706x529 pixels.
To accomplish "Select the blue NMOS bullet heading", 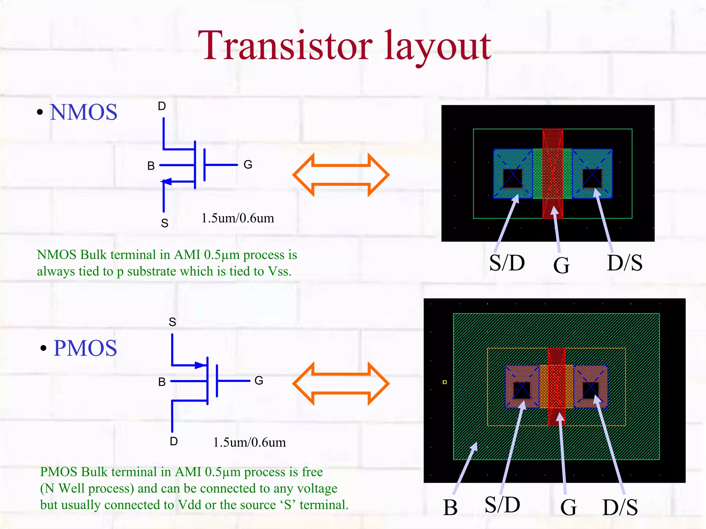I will pos(83,112).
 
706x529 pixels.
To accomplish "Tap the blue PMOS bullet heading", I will pos(85,348).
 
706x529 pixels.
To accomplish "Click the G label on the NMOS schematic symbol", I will pos(248,164).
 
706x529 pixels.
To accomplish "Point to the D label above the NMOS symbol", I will pos(162,106).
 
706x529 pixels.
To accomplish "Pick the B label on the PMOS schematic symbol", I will pos(162,382).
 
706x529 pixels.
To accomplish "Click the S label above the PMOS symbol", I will pos(172,322).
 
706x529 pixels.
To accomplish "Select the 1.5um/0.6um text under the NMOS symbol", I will pos(238,218).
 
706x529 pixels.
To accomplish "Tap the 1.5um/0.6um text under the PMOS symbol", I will pos(249,442).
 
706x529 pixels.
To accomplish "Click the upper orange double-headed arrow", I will pos(341,175).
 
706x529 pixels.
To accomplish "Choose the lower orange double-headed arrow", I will pos(341,383).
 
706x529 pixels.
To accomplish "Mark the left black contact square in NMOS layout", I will pos(513,178).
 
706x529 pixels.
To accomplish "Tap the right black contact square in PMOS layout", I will pos(591,390).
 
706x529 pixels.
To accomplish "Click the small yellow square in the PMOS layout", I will pos(445,382).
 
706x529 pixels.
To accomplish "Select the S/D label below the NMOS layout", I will pos(507,263).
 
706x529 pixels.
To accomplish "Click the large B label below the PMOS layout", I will pos(450,508).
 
